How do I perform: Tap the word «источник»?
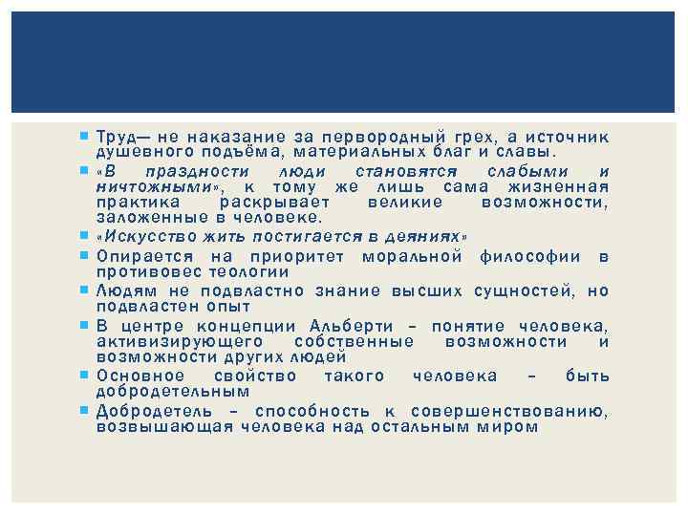[570, 137]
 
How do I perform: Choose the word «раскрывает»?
[274, 203]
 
